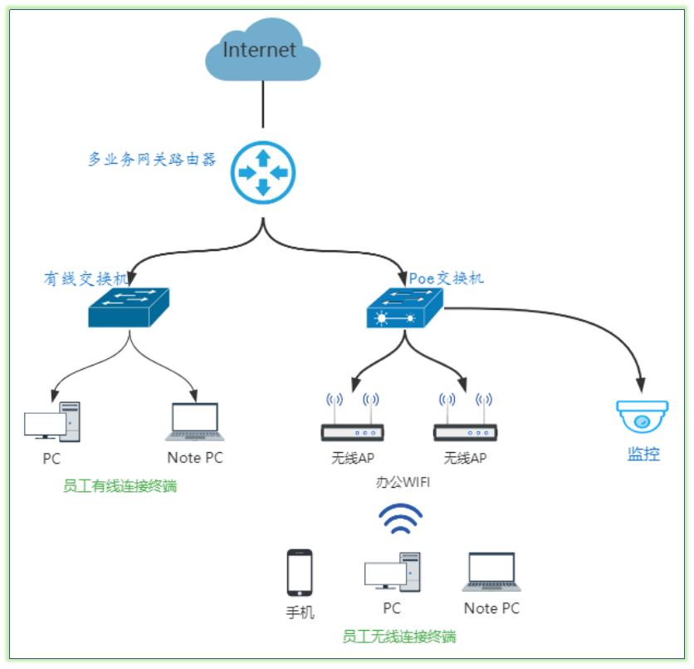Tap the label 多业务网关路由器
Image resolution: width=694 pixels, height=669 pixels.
[x=153, y=159]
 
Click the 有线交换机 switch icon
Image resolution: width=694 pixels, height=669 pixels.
[x=129, y=307]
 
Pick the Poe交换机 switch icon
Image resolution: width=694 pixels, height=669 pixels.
[x=406, y=308]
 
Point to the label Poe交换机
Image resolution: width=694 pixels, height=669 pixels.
[x=446, y=278]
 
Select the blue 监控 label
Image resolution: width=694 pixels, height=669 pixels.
[x=643, y=454]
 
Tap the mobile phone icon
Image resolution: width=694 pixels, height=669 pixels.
[x=300, y=573]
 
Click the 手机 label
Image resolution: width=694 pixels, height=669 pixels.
[x=300, y=613]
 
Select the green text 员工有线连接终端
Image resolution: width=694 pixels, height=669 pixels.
[x=120, y=486]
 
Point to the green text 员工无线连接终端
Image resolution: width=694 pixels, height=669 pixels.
[x=399, y=637]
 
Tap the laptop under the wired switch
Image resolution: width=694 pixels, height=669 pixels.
[x=195, y=422]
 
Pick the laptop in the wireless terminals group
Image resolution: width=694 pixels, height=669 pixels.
[x=491, y=572]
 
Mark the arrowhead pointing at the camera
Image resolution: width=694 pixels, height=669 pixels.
[x=641, y=386]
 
